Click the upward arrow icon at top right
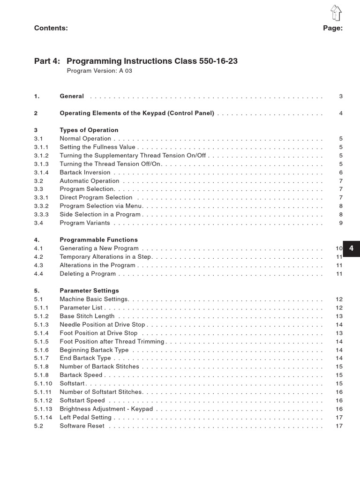336,13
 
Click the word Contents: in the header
51,28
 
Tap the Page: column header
333,28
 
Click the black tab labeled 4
351,249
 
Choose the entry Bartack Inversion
85,172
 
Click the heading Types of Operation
89,130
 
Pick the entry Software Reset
82,426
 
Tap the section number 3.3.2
41,206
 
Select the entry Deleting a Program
88,274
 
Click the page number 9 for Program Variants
341,223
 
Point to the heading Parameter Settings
89,291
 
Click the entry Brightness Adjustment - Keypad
106,409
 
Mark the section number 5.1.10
43,384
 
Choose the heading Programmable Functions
98,240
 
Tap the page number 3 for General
341,97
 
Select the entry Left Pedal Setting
86,418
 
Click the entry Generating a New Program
99,248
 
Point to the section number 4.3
38,265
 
